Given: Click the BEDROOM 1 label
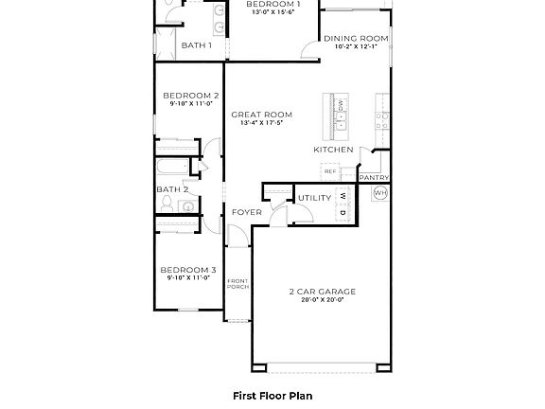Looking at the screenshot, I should pos(273,5).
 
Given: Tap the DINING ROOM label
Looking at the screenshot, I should pos(356,39).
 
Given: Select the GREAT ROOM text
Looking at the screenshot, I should pos(261,115).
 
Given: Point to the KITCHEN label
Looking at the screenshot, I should pos(333,150).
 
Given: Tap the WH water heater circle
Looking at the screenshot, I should pos(380,193).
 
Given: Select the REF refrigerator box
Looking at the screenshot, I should pos(330,171).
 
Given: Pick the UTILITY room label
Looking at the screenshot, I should pos(313,198).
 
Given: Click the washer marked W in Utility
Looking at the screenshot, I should pos(343,196).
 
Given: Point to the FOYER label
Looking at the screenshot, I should pos(246,212).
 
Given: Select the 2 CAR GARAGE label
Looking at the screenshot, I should pos(316,291).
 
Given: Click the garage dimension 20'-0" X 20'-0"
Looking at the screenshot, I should pos(316,300).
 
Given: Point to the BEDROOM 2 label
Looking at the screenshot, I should pos(190,96).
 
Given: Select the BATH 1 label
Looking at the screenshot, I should pos(196,44).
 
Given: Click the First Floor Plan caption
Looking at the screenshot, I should pos(272,396).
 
